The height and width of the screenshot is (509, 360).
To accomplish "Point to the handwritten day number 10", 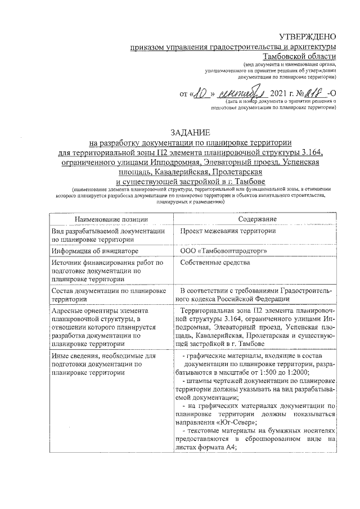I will click(x=201, y=92).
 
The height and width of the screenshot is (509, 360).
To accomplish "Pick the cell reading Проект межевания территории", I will click(x=228, y=231).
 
